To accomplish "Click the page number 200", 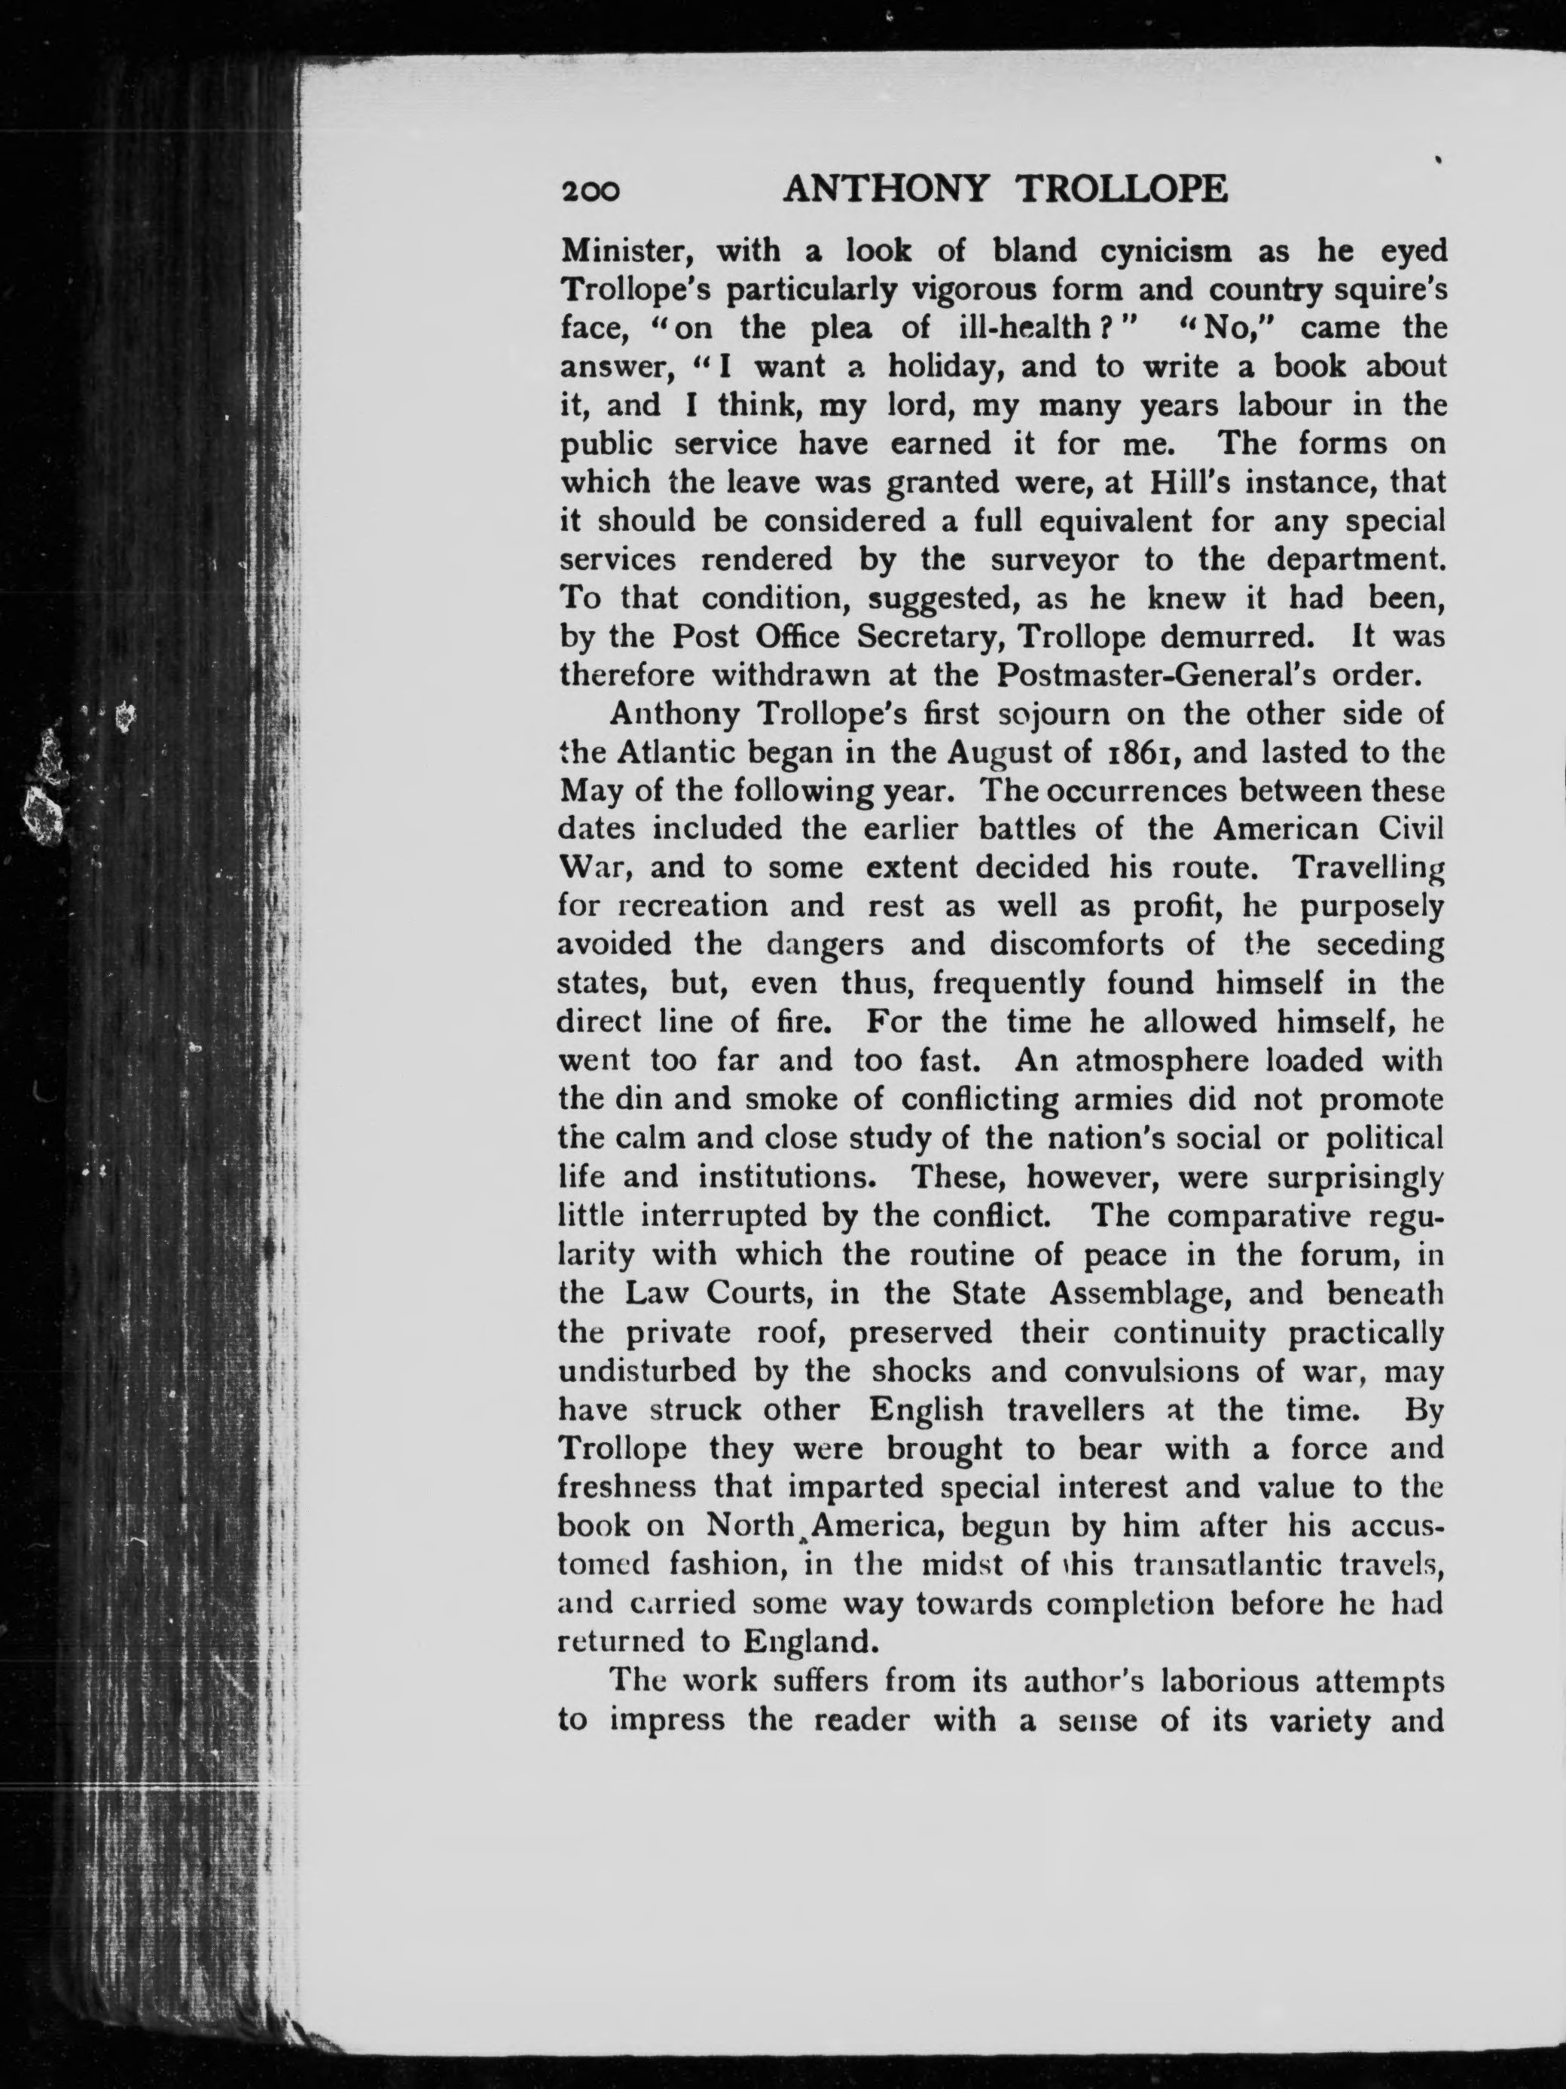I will click(591, 192).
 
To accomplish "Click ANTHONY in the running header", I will click(886, 190).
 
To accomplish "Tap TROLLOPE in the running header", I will click(1122, 190).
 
